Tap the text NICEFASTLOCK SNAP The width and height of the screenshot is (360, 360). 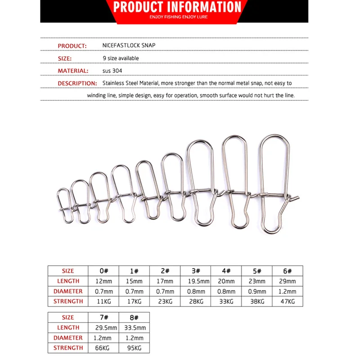point(129,46)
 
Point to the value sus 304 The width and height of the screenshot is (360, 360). point(112,71)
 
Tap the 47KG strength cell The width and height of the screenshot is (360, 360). point(287,301)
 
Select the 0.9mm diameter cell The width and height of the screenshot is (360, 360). point(256,291)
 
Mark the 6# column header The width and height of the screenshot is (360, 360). point(287,271)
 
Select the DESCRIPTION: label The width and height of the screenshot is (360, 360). point(77,83)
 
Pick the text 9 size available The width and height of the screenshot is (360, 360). point(121,58)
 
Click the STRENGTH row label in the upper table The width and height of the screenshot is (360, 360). point(68,301)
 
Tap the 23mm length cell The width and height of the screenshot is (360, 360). point(256,281)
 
